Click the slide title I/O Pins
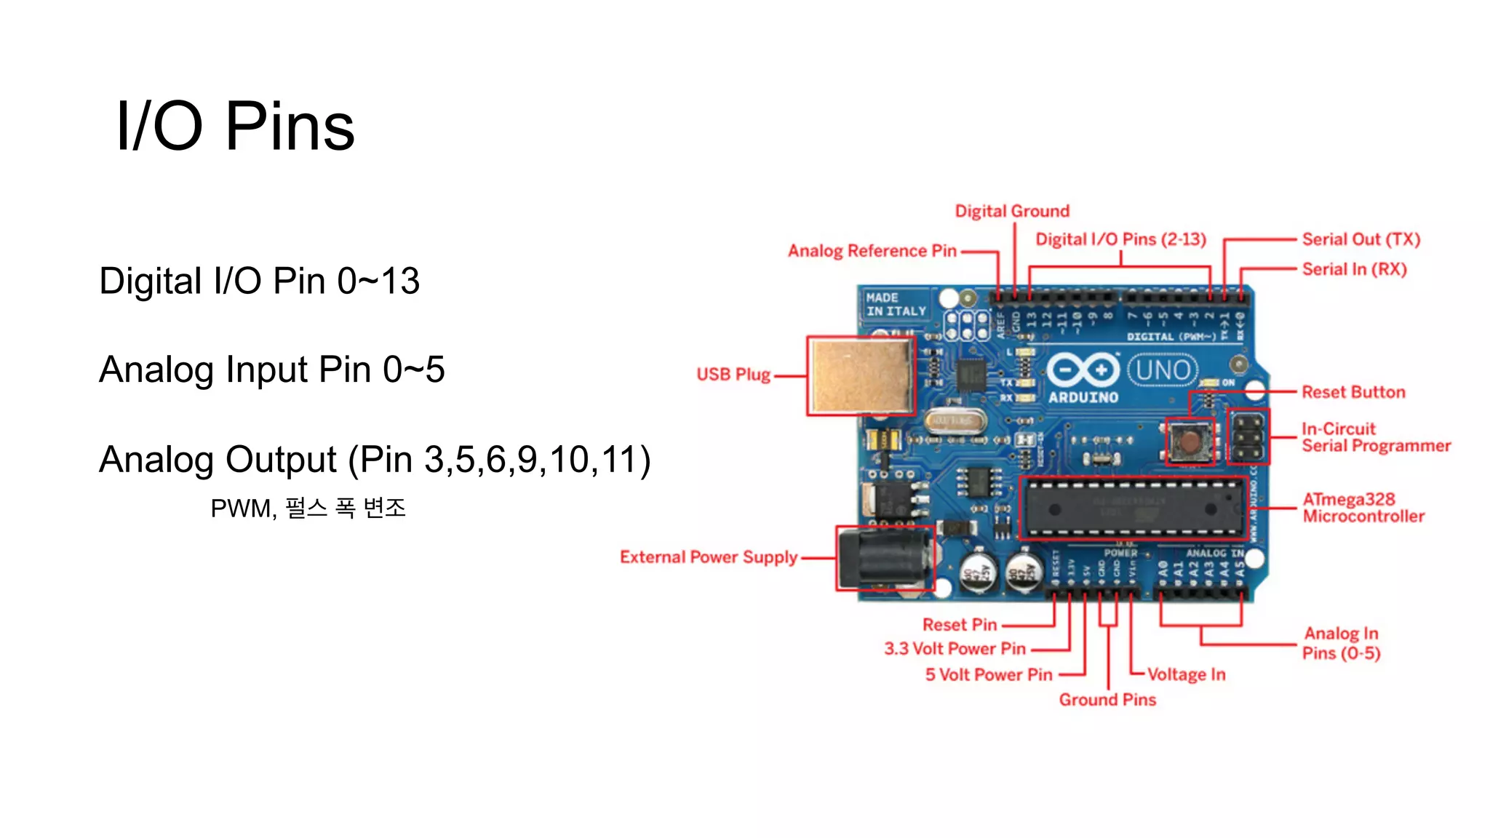(x=235, y=127)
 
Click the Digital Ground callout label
(x=1012, y=211)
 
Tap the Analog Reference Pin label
(x=872, y=251)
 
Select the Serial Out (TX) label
(x=1360, y=239)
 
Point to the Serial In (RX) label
(x=1354, y=269)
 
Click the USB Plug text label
(x=733, y=375)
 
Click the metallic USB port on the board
(x=861, y=376)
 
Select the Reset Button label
(x=1353, y=392)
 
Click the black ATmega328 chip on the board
(x=1132, y=508)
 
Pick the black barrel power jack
(x=883, y=558)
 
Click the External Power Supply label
(x=708, y=557)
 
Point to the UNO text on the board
(x=1163, y=370)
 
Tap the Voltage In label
(x=1186, y=674)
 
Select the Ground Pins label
(x=1107, y=700)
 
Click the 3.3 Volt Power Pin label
(x=955, y=649)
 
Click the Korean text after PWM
(x=345, y=508)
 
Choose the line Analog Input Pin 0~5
(x=271, y=370)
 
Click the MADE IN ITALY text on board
(x=895, y=305)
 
